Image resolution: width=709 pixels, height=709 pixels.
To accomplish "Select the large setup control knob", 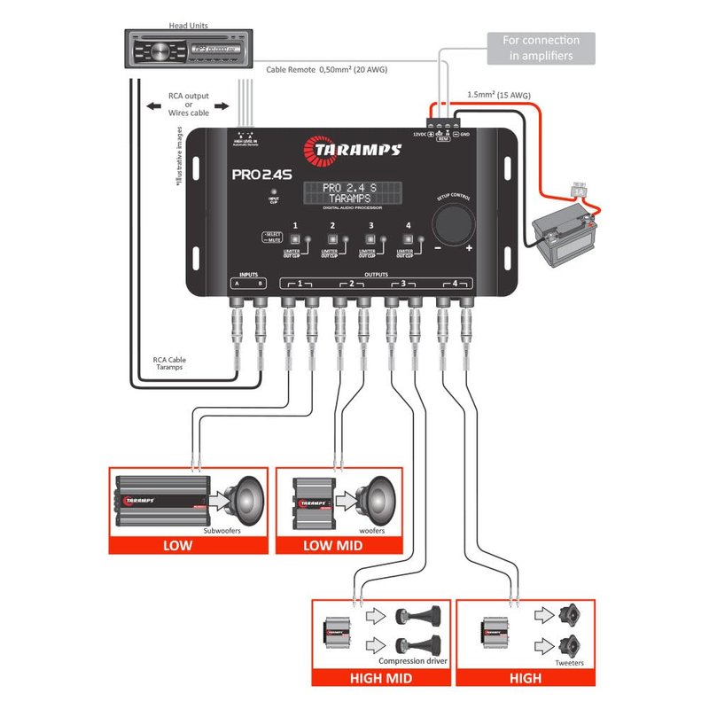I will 454,220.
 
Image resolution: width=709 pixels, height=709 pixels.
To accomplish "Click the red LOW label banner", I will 177,545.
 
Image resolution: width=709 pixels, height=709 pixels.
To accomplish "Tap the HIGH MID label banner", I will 380,679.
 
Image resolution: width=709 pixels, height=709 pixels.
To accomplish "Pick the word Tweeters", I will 569,662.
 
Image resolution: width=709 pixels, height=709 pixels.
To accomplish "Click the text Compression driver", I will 413,661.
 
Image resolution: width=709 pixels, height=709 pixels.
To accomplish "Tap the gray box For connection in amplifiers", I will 541,48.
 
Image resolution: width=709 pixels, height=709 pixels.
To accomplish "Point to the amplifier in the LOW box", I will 162,503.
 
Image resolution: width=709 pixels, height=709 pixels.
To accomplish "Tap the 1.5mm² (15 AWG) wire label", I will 498,94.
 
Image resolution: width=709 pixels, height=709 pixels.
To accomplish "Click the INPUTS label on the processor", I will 247,276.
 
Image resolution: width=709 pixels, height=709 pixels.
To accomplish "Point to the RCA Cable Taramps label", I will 170,363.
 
